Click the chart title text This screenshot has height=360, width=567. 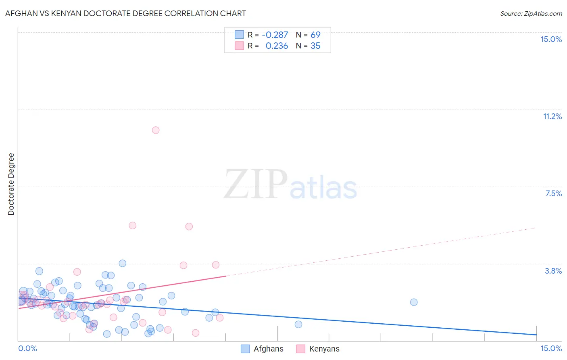coord(125,13)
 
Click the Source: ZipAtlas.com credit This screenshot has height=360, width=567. coord(531,13)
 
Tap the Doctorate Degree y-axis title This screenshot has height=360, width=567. coord(11,184)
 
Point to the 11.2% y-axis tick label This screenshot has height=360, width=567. coord(552,116)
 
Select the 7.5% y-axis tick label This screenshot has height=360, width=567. coord(553,193)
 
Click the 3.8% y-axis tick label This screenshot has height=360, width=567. coord(553,271)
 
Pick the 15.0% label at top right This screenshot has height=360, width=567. coord(551,39)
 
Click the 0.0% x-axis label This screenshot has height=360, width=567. coord(27,348)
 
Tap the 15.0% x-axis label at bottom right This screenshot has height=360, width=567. coord(551,348)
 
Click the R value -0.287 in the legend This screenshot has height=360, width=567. coord(275,35)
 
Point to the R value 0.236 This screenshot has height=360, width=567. coord(277,46)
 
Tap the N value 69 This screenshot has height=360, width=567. coord(315,35)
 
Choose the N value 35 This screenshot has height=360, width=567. coord(315,46)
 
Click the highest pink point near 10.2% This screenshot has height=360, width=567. coord(156,130)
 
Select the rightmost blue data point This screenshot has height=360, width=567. coord(414,302)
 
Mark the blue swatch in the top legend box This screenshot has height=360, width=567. coord(239,35)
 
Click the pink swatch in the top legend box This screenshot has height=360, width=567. coord(239,46)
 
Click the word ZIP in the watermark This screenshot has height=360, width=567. coord(256,184)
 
